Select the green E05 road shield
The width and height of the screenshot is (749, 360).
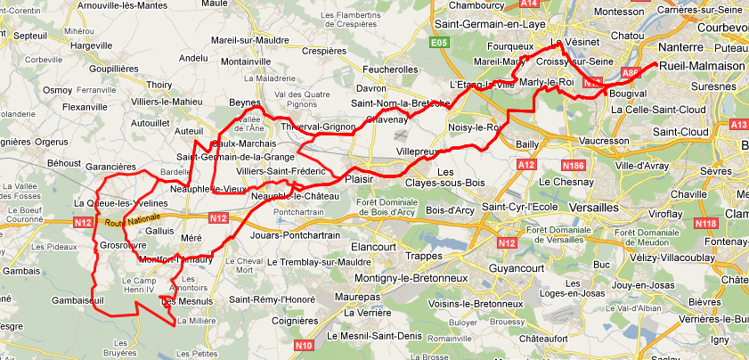click(x=438, y=42)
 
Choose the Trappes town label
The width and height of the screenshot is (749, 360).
click(x=423, y=256)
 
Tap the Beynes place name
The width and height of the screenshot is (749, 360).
click(x=244, y=102)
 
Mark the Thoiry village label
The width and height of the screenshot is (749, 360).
click(x=159, y=85)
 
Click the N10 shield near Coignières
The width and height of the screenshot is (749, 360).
click(x=305, y=344)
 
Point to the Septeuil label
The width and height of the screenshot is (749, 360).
click(x=30, y=36)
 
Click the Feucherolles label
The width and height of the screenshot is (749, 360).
click(x=391, y=69)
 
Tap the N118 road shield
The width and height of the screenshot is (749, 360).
click(x=705, y=223)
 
